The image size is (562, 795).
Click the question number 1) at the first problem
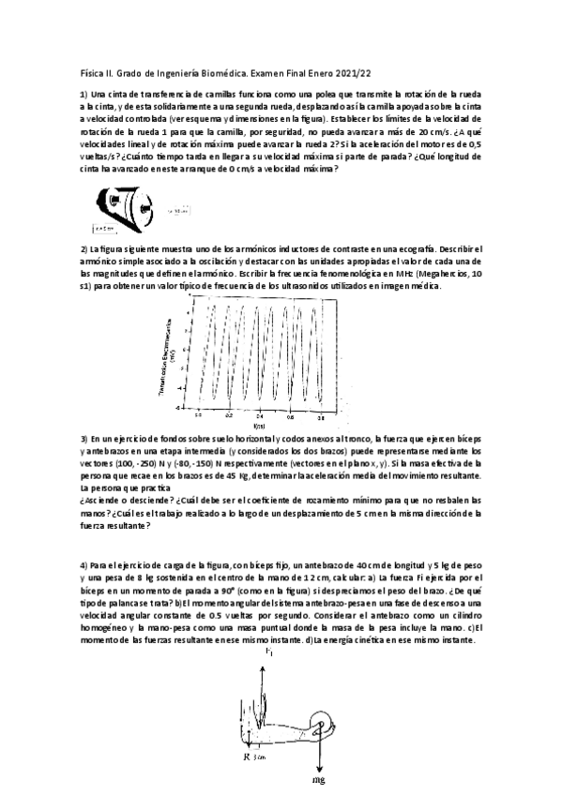84,95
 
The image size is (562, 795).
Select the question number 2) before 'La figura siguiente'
84,248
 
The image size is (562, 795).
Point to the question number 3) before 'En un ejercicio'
84,440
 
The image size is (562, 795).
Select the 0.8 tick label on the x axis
321,413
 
